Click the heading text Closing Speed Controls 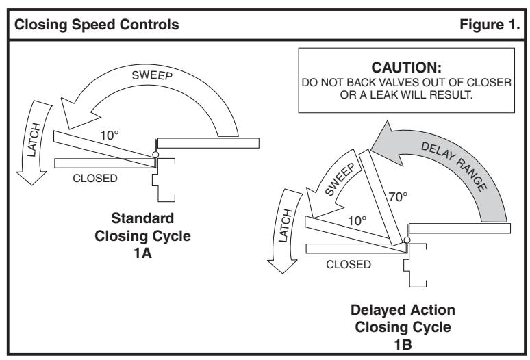click(x=97, y=25)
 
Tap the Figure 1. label click(x=490, y=25)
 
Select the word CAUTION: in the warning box click(x=406, y=68)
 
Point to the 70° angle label click(x=398, y=196)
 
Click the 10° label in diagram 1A click(x=110, y=136)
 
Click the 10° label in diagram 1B click(x=357, y=221)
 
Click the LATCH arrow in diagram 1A click(x=34, y=142)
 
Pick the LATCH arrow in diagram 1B click(x=283, y=230)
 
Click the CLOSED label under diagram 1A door click(x=95, y=178)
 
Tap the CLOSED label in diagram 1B click(x=349, y=264)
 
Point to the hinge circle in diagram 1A click(x=155, y=155)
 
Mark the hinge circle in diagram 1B click(x=407, y=240)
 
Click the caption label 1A click(x=142, y=253)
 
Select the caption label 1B click(x=403, y=345)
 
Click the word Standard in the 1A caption click(x=142, y=218)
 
